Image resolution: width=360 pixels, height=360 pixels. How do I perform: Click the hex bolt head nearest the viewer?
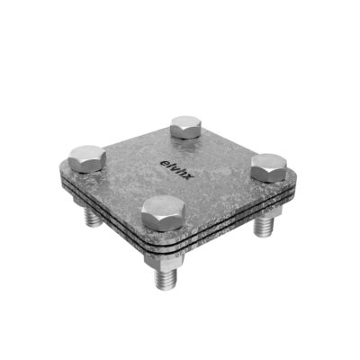(x=163, y=213)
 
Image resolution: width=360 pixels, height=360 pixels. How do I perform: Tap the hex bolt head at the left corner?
(x=87, y=159)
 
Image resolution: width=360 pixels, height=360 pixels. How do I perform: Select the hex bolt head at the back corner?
(x=185, y=127)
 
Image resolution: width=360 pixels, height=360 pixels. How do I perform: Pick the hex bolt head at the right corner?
(x=269, y=167)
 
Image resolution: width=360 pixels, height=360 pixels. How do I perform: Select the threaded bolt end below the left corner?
(x=93, y=217)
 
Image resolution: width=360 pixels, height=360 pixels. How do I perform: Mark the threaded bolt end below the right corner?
(x=265, y=226)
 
